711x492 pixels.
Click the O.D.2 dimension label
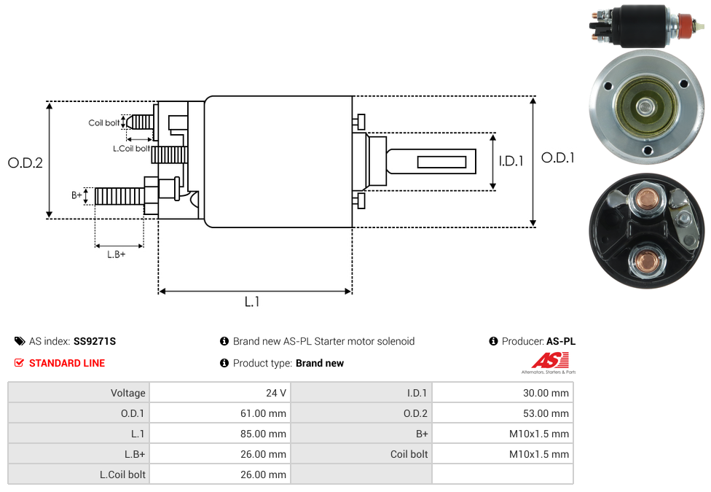tap(25, 163)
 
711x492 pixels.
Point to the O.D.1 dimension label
tap(557, 157)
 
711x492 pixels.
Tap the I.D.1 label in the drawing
tap(511, 161)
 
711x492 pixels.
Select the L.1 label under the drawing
tap(252, 302)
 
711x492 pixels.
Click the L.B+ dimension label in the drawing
tap(117, 254)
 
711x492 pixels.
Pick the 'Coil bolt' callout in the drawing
tap(104, 122)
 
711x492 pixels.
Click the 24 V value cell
tap(275, 393)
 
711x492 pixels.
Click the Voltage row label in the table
tap(127, 393)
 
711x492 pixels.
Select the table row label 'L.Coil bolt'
tap(122, 475)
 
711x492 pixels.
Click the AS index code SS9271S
tap(95, 341)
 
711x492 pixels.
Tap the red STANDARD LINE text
tap(67, 363)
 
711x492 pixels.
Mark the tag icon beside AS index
tap(20, 341)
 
